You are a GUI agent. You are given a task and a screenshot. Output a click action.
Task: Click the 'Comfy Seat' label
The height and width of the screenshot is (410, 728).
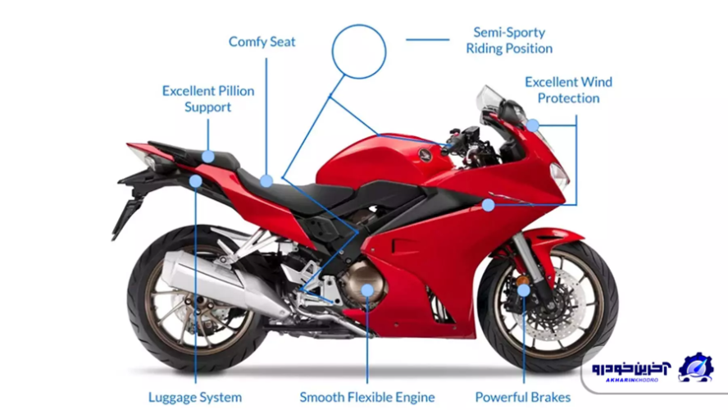(262, 41)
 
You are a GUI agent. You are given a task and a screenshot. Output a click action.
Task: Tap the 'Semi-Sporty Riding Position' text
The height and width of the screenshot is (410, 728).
(509, 40)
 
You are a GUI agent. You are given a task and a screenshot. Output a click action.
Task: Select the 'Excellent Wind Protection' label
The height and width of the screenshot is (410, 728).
(568, 90)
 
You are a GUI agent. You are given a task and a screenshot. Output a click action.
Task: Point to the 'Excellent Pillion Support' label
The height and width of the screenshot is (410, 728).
(207, 98)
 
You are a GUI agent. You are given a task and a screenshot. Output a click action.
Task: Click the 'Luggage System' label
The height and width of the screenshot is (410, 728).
(195, 397)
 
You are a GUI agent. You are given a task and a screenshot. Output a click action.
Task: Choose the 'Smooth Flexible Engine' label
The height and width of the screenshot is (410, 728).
(366, 397)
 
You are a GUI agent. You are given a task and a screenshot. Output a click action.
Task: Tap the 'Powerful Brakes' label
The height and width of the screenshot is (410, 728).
(522, 397)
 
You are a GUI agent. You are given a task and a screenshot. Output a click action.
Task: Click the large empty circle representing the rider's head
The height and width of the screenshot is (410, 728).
(358, 51)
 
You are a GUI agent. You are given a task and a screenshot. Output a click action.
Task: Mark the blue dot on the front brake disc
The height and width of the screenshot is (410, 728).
(523, 289)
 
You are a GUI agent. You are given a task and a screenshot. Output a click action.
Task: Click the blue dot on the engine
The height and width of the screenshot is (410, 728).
(367, 289)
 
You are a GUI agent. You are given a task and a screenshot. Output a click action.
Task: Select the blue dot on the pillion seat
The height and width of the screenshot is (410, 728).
(208, 156)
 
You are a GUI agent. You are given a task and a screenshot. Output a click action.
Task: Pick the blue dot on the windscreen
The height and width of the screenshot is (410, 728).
(533, 125)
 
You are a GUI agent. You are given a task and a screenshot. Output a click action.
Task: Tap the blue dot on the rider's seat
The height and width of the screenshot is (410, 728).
(266, 180)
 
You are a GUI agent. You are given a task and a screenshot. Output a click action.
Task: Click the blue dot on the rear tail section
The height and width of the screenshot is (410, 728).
(195, 180)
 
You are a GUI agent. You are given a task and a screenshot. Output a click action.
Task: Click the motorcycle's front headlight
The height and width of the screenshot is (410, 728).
(559, 174)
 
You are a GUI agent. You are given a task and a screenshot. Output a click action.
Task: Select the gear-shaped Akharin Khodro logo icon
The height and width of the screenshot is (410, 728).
(696, 367)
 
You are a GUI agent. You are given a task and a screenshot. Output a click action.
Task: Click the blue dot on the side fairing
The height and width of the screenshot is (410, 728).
(489, 204)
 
